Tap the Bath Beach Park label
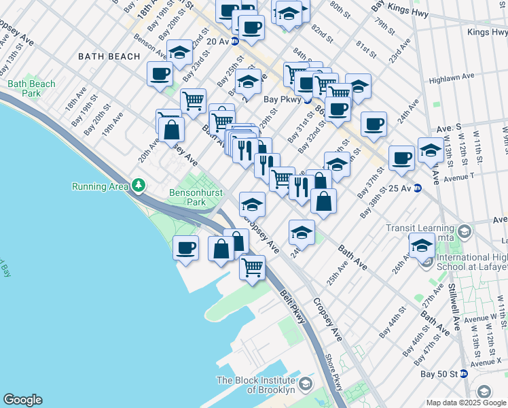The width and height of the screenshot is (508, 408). pyautogui.click(x=31, y=88)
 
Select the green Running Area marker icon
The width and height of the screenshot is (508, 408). pyautogui.click(x=139, y=184)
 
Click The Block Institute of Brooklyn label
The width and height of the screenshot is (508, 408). pyautogui.click(x=256, y=386)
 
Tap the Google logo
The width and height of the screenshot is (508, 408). pyautogui.click(x=22, y=400)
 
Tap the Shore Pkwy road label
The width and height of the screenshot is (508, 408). pyautogui.click(x=333, y=371)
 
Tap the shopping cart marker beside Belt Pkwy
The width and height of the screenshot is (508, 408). pyautogui.click(x=253, y=267)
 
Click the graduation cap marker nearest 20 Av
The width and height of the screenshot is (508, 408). pyautogui.click(x=179, y=53)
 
